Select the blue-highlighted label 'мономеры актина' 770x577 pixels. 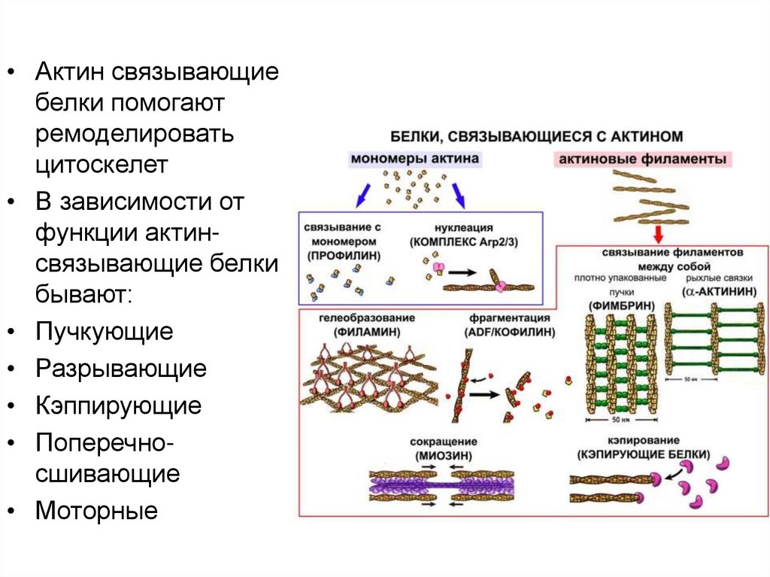[414, 159]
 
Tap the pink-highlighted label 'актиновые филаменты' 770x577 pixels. [643, 159]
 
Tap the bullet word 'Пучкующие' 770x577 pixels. [104, 331]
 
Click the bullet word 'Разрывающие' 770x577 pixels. [120, 369]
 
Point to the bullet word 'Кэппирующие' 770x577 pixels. [118, 406]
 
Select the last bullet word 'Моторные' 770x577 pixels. [96, 512]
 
